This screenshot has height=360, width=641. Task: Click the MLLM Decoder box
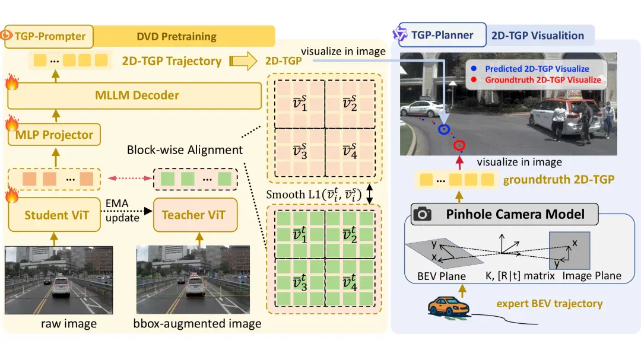click(x=135, y=95)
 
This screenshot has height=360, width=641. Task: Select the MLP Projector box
click(x=54, y=135)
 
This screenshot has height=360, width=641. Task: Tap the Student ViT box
click(x=55, y=215)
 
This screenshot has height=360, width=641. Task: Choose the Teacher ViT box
click(x=195, y=215)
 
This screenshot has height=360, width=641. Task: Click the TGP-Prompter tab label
click(x=49, y=36)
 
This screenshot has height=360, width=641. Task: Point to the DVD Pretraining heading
click(x=177, y=37)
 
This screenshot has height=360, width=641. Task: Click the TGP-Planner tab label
click(x=442, y=35)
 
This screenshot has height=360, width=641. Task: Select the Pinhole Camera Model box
click(x=504, y=214)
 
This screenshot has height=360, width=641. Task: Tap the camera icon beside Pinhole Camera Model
click(x=423, y=214)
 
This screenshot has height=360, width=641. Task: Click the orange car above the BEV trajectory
click(x=449, y=307)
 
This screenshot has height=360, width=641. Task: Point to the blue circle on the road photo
click(x=444, y=129)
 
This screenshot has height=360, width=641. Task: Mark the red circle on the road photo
click(x=459, y=145)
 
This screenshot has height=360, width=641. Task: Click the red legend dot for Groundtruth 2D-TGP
click(x=474, y=79)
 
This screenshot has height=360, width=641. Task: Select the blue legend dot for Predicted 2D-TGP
click(x=474, y=69)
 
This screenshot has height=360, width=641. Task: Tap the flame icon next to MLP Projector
click(x=12, y=123)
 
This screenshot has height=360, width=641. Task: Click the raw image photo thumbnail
click(x=59, y=280)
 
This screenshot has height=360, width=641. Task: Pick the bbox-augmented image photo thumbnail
click(x=193, y=280)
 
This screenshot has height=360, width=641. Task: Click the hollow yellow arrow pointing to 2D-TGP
click(x=243, y=61)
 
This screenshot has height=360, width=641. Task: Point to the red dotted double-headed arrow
click(x=129, y=178)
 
